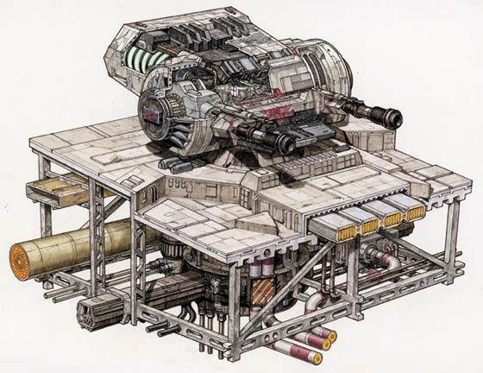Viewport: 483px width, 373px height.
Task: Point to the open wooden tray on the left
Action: click(x=52, y=192)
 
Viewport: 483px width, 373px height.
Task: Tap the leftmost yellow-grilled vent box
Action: click(x=340, y=227)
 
